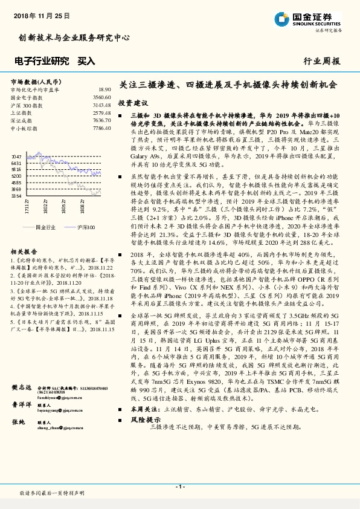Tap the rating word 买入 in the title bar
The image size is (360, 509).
click(86, 61)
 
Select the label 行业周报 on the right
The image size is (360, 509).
click(321, 61)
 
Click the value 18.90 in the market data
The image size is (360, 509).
click(104, 89)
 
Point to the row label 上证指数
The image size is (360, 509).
click(22, 113)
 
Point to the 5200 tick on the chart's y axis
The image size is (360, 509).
click(16, 176)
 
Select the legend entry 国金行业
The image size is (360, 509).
click(45, 227)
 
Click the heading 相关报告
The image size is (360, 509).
click(24, 251)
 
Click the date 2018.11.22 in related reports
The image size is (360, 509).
click(98, 267)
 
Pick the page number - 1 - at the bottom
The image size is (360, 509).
click(179, 486)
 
